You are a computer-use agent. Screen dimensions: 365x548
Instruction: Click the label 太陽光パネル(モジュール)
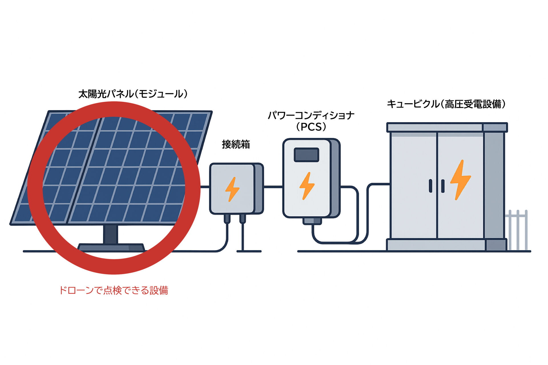pyautogui.click(x=133, y=94)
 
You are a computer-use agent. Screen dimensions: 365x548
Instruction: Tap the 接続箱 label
pyautogui.click(x=236, y=145)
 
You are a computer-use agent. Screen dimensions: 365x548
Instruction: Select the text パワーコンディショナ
pyautogui.click(x=311, y=115)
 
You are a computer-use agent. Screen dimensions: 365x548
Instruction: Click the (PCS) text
pyautogui.click(x=311, y=127)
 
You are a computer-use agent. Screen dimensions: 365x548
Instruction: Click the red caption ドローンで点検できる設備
pyautogui.click(x=114, y=290)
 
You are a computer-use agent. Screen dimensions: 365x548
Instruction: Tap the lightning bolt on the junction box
pyautogui.click(x=232, y=189)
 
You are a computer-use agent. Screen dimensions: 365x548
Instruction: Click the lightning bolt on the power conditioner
pyautogui.click(x=307, y=186)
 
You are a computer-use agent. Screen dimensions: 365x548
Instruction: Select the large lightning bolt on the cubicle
pyautogui.click(x=460, y=180)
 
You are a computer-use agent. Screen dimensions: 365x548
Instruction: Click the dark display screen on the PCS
pyautogui.click(x=307, y=155)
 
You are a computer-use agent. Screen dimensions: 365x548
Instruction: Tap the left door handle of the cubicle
pyautogui.click(x=431, y=186)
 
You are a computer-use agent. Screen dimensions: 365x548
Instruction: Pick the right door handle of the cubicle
pyautogui.click(x=443, y=186)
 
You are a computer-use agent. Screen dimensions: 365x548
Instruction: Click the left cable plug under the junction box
pyautogui.click(x=227, y=218)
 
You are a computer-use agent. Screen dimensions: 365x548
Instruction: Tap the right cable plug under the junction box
pyautogui.click(x=243, y=218)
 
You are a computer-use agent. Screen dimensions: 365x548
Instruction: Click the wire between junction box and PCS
pyautogui.click(x=273, y=187)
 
